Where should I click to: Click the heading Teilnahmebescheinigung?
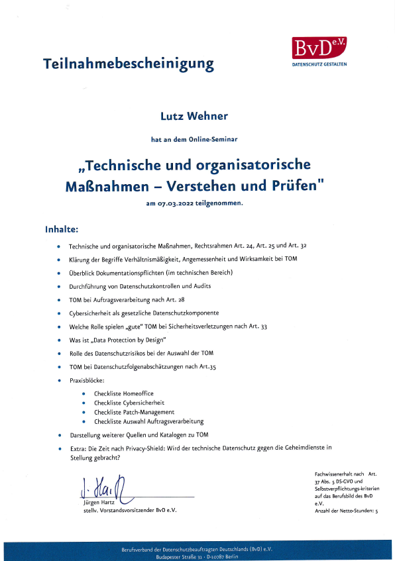pos(129,64)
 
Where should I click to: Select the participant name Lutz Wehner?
pos(194,117)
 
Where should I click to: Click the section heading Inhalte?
pos(62,230)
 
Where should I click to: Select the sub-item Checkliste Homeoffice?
pos(123,393)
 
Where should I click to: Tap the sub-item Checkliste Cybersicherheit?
pos(129,402)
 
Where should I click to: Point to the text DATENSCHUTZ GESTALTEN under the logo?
pos(319,64)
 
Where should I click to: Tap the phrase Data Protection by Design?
pos(124,340)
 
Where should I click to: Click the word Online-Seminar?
pos(215,140)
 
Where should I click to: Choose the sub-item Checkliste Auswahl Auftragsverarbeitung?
pos(148,421)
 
